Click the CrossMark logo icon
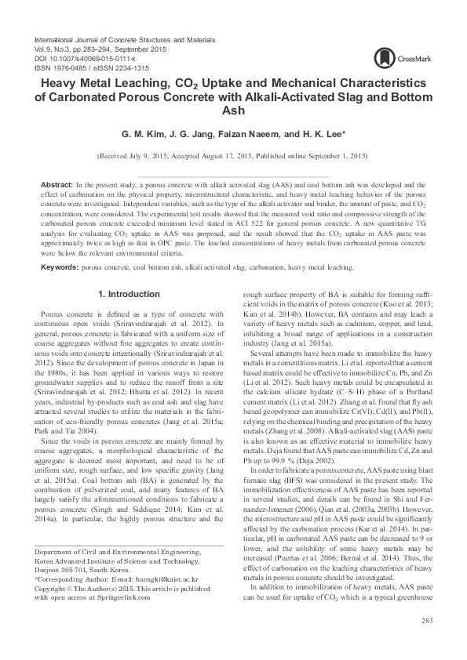(x=384, y=56)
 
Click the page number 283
(x=427, y=622)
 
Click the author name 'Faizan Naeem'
(x=258, y=133)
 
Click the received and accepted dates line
(x=233, y=157)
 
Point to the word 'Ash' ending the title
(x=233, y=111)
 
